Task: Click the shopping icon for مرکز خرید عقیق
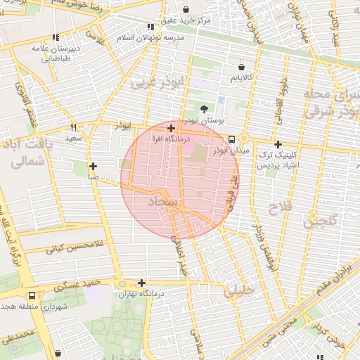point(186,10)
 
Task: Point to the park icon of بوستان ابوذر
point(204,109)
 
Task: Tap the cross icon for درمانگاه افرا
point(172,128)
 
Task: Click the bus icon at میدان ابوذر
point(233,139)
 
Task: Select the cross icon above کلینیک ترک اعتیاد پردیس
point(278,143)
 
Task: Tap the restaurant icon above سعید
point(73,128)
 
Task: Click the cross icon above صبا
point(93,167)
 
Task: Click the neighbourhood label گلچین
point(320,221)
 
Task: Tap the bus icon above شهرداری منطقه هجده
point(32,296)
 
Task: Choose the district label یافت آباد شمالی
point(28,153)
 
